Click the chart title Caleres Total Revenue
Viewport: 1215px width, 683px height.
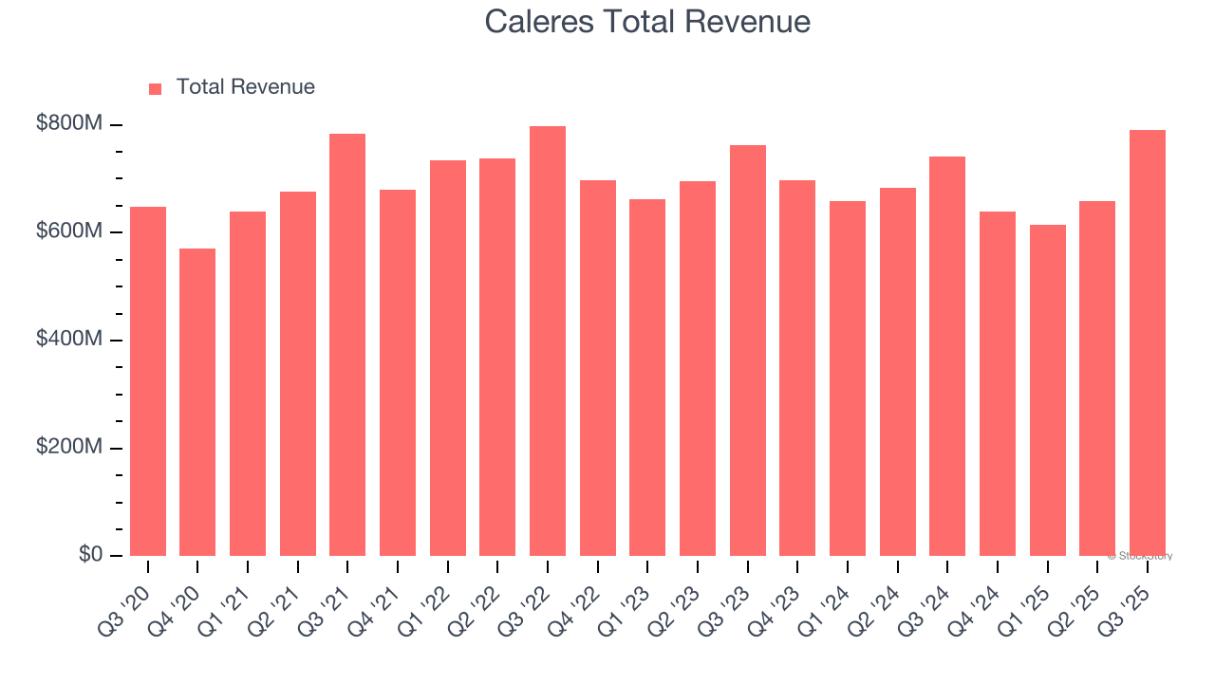tap(647, 22)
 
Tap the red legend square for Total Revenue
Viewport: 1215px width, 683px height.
tap(156, 89)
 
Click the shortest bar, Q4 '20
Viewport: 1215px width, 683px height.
tap(197, 402)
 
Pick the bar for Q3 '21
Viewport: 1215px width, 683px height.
tap(347, 345)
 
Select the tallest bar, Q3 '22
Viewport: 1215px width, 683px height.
tap(548, 341)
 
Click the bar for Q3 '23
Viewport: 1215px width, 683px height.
tap(748, 351)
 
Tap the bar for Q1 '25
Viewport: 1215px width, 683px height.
tap(1048, 391)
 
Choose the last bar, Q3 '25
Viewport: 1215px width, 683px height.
tap(1148, 343)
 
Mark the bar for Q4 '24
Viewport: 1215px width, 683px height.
tap(998, 384)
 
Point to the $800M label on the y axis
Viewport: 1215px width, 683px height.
tap(68, 124)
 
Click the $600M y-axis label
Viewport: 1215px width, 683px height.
tap(68, 232)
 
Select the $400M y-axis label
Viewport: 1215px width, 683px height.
tap(68, 340)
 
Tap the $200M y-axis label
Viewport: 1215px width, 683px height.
tap(68, 448)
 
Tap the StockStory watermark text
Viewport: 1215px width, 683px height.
tap(1140, 557)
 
